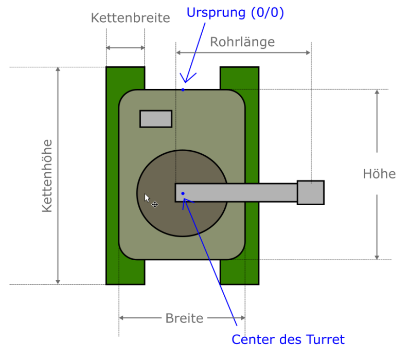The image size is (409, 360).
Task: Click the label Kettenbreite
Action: [130, 19]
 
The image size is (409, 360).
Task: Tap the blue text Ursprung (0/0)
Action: [235, 12]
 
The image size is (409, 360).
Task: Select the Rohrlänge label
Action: [242, 42]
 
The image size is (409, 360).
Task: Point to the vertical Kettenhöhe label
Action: [47, 176]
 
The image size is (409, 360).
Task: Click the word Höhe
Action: [379, 174]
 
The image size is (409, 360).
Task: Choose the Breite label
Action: [184, 318]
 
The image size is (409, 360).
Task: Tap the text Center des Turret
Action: [288, 339]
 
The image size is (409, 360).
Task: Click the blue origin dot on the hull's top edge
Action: [183, 90]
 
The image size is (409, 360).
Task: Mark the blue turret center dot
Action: [183, 193]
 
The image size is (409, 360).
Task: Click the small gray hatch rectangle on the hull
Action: [156, 119]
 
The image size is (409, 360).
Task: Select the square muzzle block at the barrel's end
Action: [311, 193]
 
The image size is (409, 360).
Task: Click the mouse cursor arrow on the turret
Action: [147, 198]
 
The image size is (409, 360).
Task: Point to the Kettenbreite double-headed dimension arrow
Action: [125, 48]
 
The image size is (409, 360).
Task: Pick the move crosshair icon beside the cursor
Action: [154, 204]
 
